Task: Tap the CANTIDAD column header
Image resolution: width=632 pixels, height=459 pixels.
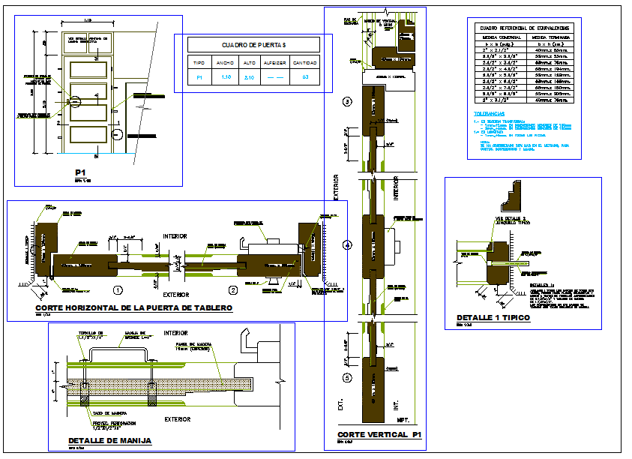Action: pyautogui.click(x=305, y=63)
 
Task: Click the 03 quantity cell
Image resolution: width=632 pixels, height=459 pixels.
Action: pyautogui.click(x=305, y=77)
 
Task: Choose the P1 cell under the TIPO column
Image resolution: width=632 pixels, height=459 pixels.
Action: pyautogui.click(x=199, y=77)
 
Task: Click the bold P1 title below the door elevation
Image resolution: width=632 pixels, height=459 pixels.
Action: pyautogui.click(x=94, y=172)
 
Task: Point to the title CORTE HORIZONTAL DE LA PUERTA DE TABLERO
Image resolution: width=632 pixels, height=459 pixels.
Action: pyautogui.click(x=134, y=308)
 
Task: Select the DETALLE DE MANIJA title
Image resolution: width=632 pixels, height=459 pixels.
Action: pyautogui.click(x=109, y=440)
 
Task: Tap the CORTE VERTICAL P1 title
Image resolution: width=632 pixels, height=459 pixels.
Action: pyautogui.click(x=373, y=435)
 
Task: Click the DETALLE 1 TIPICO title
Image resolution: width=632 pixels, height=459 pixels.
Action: pyautogui.click(x=493, y=318)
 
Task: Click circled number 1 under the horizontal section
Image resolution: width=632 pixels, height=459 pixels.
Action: pyautogui.click(x=118, y=289)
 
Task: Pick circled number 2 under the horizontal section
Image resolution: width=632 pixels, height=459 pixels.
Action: pyautogui.click(x=232, y=289)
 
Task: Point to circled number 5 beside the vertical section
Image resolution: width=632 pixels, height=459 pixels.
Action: pyautogui.click(x=346, y=378)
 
